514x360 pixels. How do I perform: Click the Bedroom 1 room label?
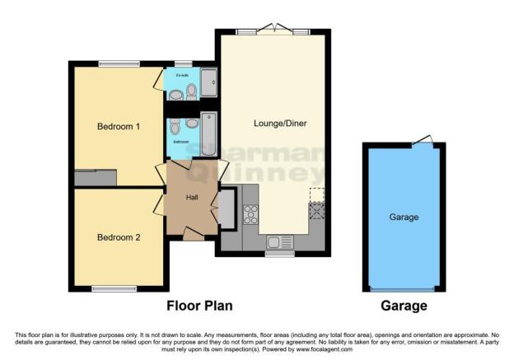pyautogui.click(x=119, y=127)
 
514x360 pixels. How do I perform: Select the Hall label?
pyautogui.click(x=192, y=198)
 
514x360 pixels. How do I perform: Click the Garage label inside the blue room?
pyautogui.click(x=404, y=217)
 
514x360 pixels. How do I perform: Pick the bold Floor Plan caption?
pyautogui.click(x=199, y=306)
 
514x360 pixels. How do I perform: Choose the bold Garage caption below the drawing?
pyautogui.click(x=404, y=306)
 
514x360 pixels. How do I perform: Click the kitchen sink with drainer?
pyautogui.click(x=281, y=242)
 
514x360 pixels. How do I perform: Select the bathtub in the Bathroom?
pyautogui.click(x=208, y=132)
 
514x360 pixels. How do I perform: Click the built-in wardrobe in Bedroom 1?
pyautogui.click(x=95, y=178)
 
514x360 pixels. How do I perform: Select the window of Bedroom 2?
pyautogui.click(x=114, y=288)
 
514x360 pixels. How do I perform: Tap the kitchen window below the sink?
pyautogui.click(x=278, y=254)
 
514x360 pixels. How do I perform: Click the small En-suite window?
pyautogui.click(x=183, y=63)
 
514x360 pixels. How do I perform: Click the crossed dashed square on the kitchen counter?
pyautogui.click(x=316, y=210)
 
